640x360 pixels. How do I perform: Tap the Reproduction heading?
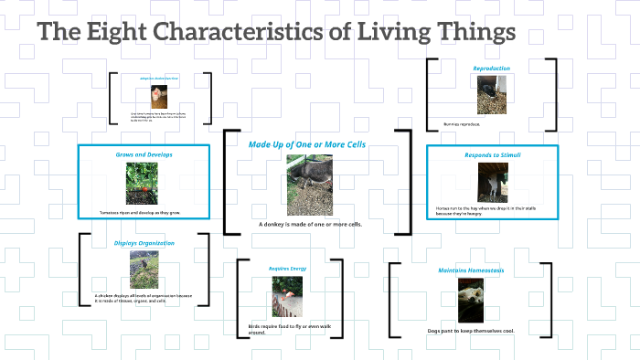pyautogui.click(x=491, y=69)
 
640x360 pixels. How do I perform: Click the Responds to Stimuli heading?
pyautogui.click(x=491, y=155)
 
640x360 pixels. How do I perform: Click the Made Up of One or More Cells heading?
pyautogui.click(x=307, y=144)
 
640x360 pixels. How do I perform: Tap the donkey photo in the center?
pyautogui.click(x=309, y=184)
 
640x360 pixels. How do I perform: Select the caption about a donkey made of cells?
pyautogui.click(x=310, y=224)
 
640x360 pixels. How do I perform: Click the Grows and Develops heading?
pyautogui.click(x=144, y=155)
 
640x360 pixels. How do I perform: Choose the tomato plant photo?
pyautogui.click(x=144, y=182)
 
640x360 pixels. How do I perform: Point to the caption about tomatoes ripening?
pyautogui.click(x=139, y=212)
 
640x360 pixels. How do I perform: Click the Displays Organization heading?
pyautogui.click(x=144, y=243)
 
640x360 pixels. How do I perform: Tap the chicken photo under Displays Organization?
pyautogui.click(x=144, y=269)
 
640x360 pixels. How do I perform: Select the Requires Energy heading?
pyautogui.click(x=285, y=269)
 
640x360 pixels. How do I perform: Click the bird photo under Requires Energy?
pyautogui.click(x=286, y=297)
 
